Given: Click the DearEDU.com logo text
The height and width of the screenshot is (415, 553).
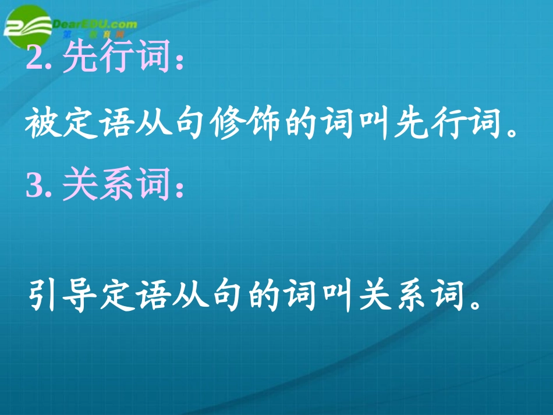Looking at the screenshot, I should tap(94, 24).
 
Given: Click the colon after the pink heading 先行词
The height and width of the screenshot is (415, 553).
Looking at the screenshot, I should tap(179, 63).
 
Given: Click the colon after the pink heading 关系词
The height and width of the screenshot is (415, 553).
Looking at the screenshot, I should tap(179, 188).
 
